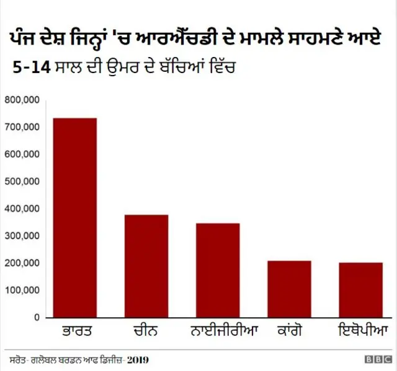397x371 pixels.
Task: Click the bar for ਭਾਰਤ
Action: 74,217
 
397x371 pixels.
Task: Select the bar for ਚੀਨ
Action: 146,266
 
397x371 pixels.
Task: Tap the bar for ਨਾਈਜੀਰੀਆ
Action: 218,270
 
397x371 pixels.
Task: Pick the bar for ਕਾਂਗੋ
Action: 289,289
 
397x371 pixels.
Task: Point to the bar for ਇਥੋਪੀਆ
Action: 361,290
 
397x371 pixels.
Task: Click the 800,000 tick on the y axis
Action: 22,100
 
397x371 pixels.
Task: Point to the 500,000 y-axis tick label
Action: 22,181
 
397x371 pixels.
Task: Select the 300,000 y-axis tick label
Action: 22,236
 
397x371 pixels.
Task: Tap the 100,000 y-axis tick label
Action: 22,290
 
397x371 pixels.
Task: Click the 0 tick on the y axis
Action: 37,318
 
